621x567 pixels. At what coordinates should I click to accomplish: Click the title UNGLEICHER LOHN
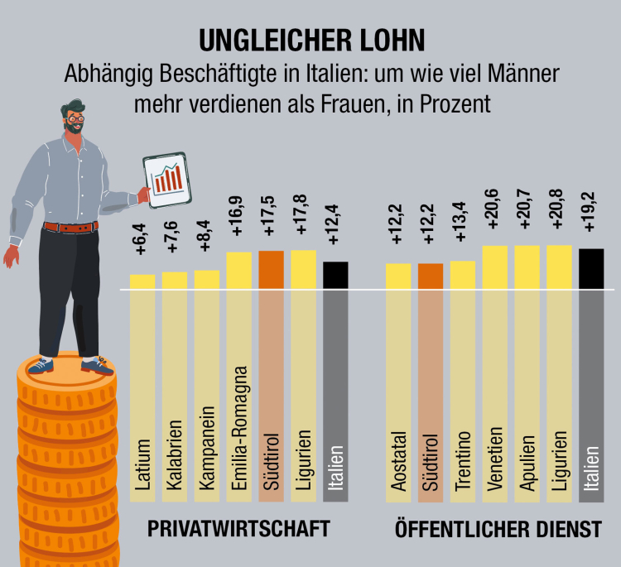click(310, 41)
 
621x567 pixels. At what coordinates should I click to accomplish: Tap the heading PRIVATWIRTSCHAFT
click(239, 529)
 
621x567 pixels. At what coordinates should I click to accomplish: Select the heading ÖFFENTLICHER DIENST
click(498, 530)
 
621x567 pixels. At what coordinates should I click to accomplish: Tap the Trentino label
click(463, 461)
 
